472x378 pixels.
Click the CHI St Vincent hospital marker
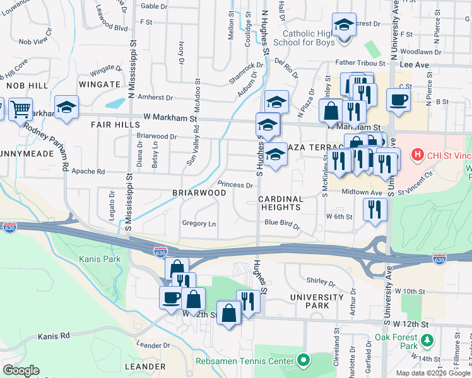pos(416,154)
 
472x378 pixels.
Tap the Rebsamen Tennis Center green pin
pos(304,361)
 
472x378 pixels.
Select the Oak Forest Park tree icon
pos(427,341)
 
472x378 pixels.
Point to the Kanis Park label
pos(100,259)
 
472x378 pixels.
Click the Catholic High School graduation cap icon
pos(343,25)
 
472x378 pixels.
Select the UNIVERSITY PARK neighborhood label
pos(309,301)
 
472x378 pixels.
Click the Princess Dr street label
pos(235,185)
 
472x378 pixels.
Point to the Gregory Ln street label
pos(199,224)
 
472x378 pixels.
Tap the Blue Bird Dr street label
pos(281,222)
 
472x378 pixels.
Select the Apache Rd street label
pos(88,171)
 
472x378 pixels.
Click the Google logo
pos(21,370)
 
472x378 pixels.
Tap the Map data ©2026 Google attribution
pos(432,372)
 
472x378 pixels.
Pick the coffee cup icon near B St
pos(398,99)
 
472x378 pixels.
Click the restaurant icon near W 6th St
pos(375,209)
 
